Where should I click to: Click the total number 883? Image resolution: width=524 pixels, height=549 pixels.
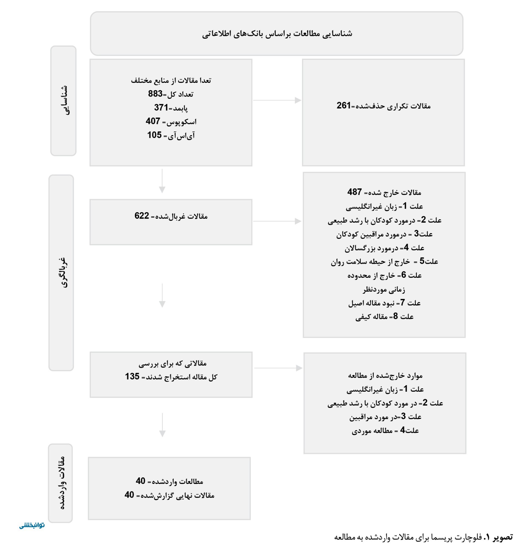(155, 94)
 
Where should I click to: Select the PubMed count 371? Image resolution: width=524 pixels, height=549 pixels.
(161, 108)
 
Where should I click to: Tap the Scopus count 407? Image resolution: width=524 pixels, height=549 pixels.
(153, 121)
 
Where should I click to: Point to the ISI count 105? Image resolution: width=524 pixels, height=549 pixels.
(155, 135)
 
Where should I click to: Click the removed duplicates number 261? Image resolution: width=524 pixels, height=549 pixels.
(344, 105)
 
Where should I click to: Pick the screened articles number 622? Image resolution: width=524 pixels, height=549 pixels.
(142, 216)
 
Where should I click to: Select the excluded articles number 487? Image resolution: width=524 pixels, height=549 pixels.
(354, 192)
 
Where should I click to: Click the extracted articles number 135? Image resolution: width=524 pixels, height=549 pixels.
(132, 376)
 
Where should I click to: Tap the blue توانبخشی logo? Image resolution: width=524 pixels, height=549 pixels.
(32, 525)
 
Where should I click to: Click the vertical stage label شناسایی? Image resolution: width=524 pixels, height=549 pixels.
(63, 100)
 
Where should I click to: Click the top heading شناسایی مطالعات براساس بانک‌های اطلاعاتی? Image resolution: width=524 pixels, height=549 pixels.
(277, 34)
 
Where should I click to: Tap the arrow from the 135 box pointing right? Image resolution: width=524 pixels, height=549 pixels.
(278, 368)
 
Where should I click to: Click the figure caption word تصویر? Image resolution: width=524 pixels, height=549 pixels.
(503, 537)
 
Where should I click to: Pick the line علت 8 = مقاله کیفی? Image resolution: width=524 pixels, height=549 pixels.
(384, 316)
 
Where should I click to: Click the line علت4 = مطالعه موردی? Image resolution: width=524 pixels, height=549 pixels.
(385, 430)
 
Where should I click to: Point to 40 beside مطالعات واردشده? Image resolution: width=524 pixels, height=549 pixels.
(141, 481)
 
